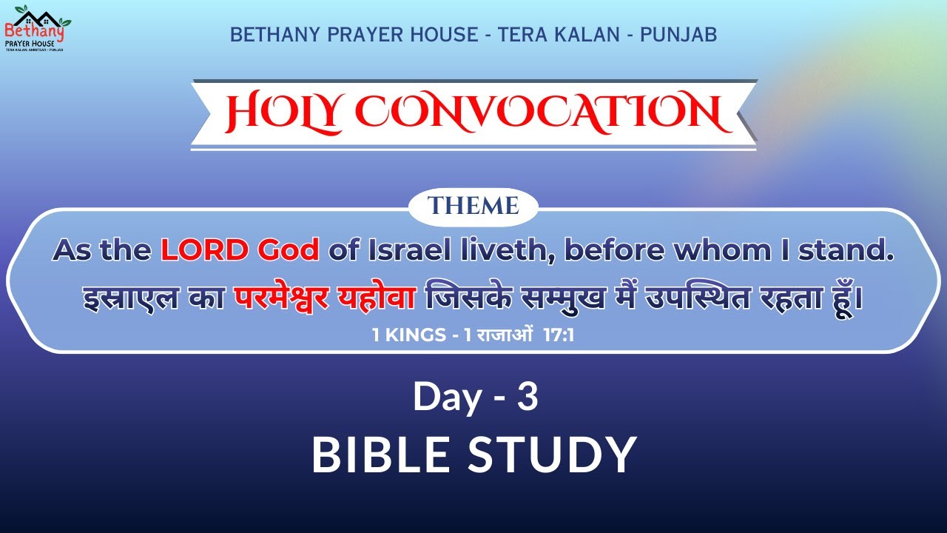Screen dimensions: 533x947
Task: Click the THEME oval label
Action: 473,206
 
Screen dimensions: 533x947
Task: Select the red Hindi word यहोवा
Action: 380,299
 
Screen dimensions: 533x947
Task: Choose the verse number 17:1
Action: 559,335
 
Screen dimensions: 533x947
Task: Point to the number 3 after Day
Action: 527,398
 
